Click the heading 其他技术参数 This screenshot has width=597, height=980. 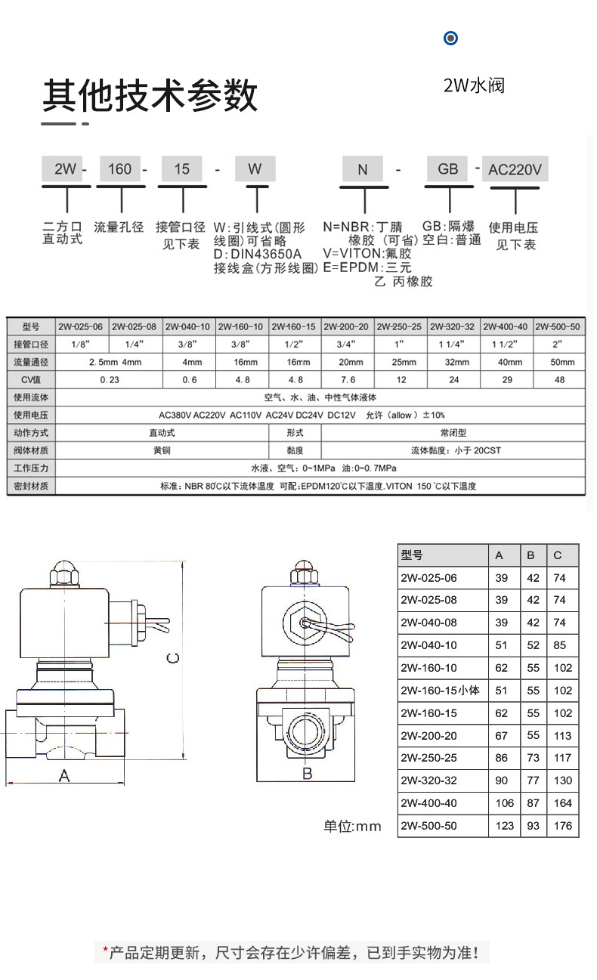(x=150, y=97)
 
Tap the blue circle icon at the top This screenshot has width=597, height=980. (x=451, y=38)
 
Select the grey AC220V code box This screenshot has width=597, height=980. (x=515, y=169)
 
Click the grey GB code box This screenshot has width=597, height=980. (x=448, y=168)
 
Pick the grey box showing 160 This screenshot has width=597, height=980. (x=120, y=168)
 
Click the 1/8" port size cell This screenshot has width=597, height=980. (x=82, y=344)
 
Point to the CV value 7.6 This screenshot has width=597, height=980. (x=348, y=379)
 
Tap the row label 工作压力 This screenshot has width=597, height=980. (x=31, y=468)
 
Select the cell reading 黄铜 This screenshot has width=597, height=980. (x=162, y=450)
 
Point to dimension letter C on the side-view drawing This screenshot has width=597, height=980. (x=173, y=658)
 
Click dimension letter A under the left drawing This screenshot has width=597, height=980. (x=64, y=775)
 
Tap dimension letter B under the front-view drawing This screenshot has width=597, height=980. (x=307, y=774)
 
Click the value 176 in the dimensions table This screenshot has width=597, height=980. (x=563, y=826)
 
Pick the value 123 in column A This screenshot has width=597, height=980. (x=504, y=826)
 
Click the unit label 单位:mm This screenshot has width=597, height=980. (x=353, y=826)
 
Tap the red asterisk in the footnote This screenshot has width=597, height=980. (x=106, y=951)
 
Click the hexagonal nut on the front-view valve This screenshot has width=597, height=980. (x=305, y=623)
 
